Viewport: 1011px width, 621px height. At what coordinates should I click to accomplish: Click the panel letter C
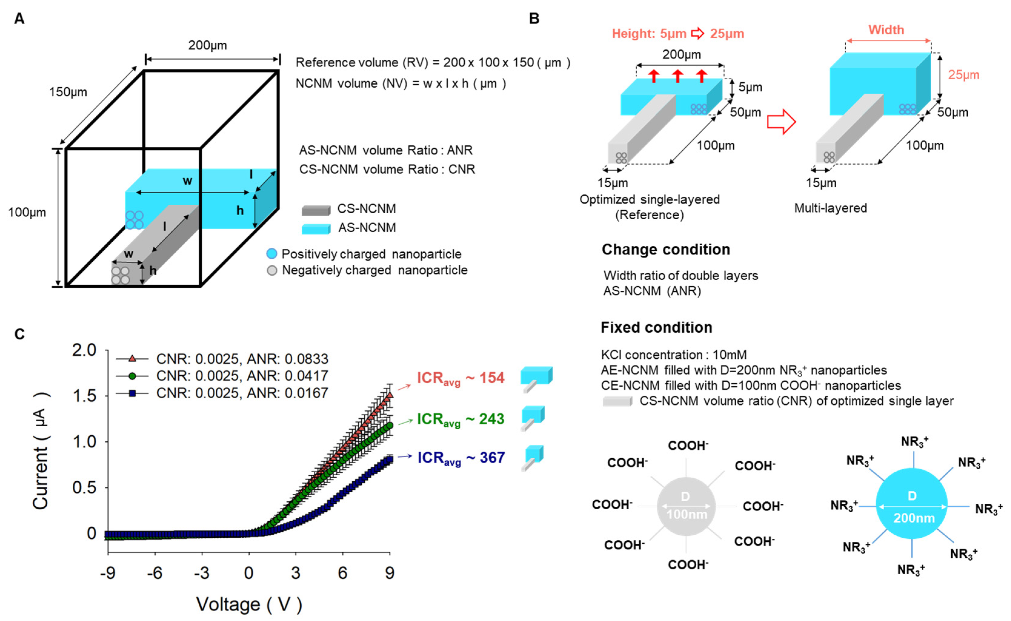coord(19,334)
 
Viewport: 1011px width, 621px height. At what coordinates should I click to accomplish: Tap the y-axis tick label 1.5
coord(84,396)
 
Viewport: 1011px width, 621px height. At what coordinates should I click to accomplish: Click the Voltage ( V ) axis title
coord(249,604)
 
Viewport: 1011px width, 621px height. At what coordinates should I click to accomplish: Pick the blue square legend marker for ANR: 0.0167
coord(132,393)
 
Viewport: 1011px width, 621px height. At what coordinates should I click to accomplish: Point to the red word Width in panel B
coord(886,30)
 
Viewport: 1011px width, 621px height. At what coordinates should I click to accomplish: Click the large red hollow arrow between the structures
coord(781,121)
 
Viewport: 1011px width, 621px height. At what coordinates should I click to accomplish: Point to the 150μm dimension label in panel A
coord(68,92)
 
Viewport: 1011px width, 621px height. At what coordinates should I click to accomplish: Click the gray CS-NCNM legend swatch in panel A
coord(315,210)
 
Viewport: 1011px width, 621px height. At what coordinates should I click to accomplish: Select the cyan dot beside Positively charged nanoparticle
coord(271,254)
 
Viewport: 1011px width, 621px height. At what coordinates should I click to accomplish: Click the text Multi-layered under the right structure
coord(830,208)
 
